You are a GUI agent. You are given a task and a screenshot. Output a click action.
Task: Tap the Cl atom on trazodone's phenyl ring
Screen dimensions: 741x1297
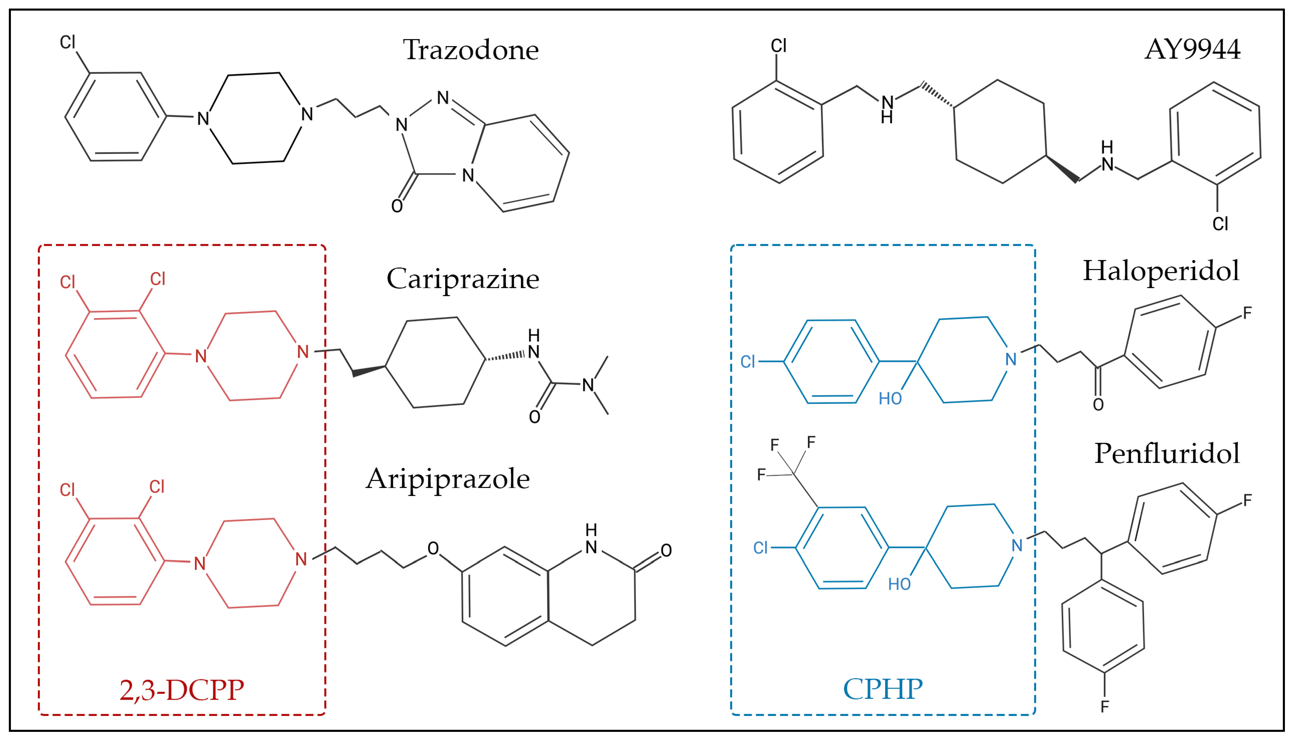click(x=68, y=42)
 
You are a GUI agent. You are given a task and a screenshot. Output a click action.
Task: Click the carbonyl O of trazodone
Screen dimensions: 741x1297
click(x=397, y=206)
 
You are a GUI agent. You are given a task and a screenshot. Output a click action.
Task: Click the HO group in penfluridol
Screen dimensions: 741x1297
click(x=899, y=584)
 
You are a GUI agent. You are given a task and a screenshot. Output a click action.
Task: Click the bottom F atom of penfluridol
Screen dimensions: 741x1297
click(x=1104, y=707)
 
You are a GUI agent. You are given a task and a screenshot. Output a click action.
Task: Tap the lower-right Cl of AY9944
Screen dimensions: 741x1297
click(x=1220, y=224)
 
